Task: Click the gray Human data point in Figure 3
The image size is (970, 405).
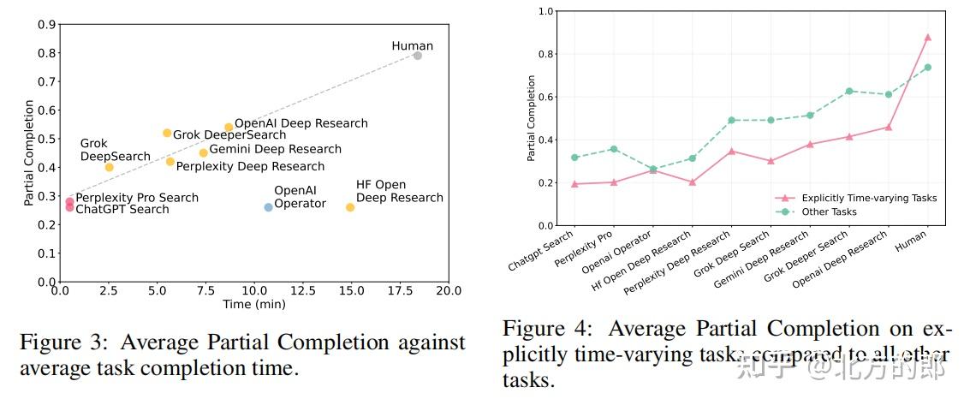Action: tap(417, 56)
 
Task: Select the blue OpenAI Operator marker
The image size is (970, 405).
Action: tap(268, 207)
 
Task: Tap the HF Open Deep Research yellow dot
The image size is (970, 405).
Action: tap(350, 207)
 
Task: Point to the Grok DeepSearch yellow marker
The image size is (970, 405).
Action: tap(109, 167)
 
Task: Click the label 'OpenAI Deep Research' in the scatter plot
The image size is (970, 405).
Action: tap(301, 123)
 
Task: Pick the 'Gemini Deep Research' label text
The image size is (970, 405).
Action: tap(275, 150)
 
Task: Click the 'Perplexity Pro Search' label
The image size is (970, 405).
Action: tap(137, 198)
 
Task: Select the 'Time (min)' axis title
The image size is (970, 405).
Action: tap(254, 304)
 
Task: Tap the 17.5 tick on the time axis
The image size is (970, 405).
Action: tap(408, 291)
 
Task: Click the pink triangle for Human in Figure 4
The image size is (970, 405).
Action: tap(927, 38)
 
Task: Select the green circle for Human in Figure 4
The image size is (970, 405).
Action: tap(927, 68)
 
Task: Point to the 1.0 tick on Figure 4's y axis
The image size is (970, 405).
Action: tap(546, 11)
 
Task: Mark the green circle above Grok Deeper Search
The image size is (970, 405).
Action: tap(849, 91)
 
